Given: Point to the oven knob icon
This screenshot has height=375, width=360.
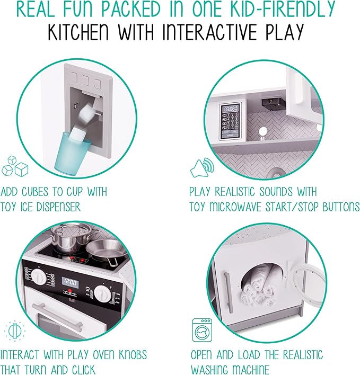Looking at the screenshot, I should (15, 331).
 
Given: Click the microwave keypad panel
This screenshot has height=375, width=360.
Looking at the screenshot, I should (231, 121).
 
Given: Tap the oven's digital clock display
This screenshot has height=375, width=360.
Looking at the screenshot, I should (70, 283).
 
